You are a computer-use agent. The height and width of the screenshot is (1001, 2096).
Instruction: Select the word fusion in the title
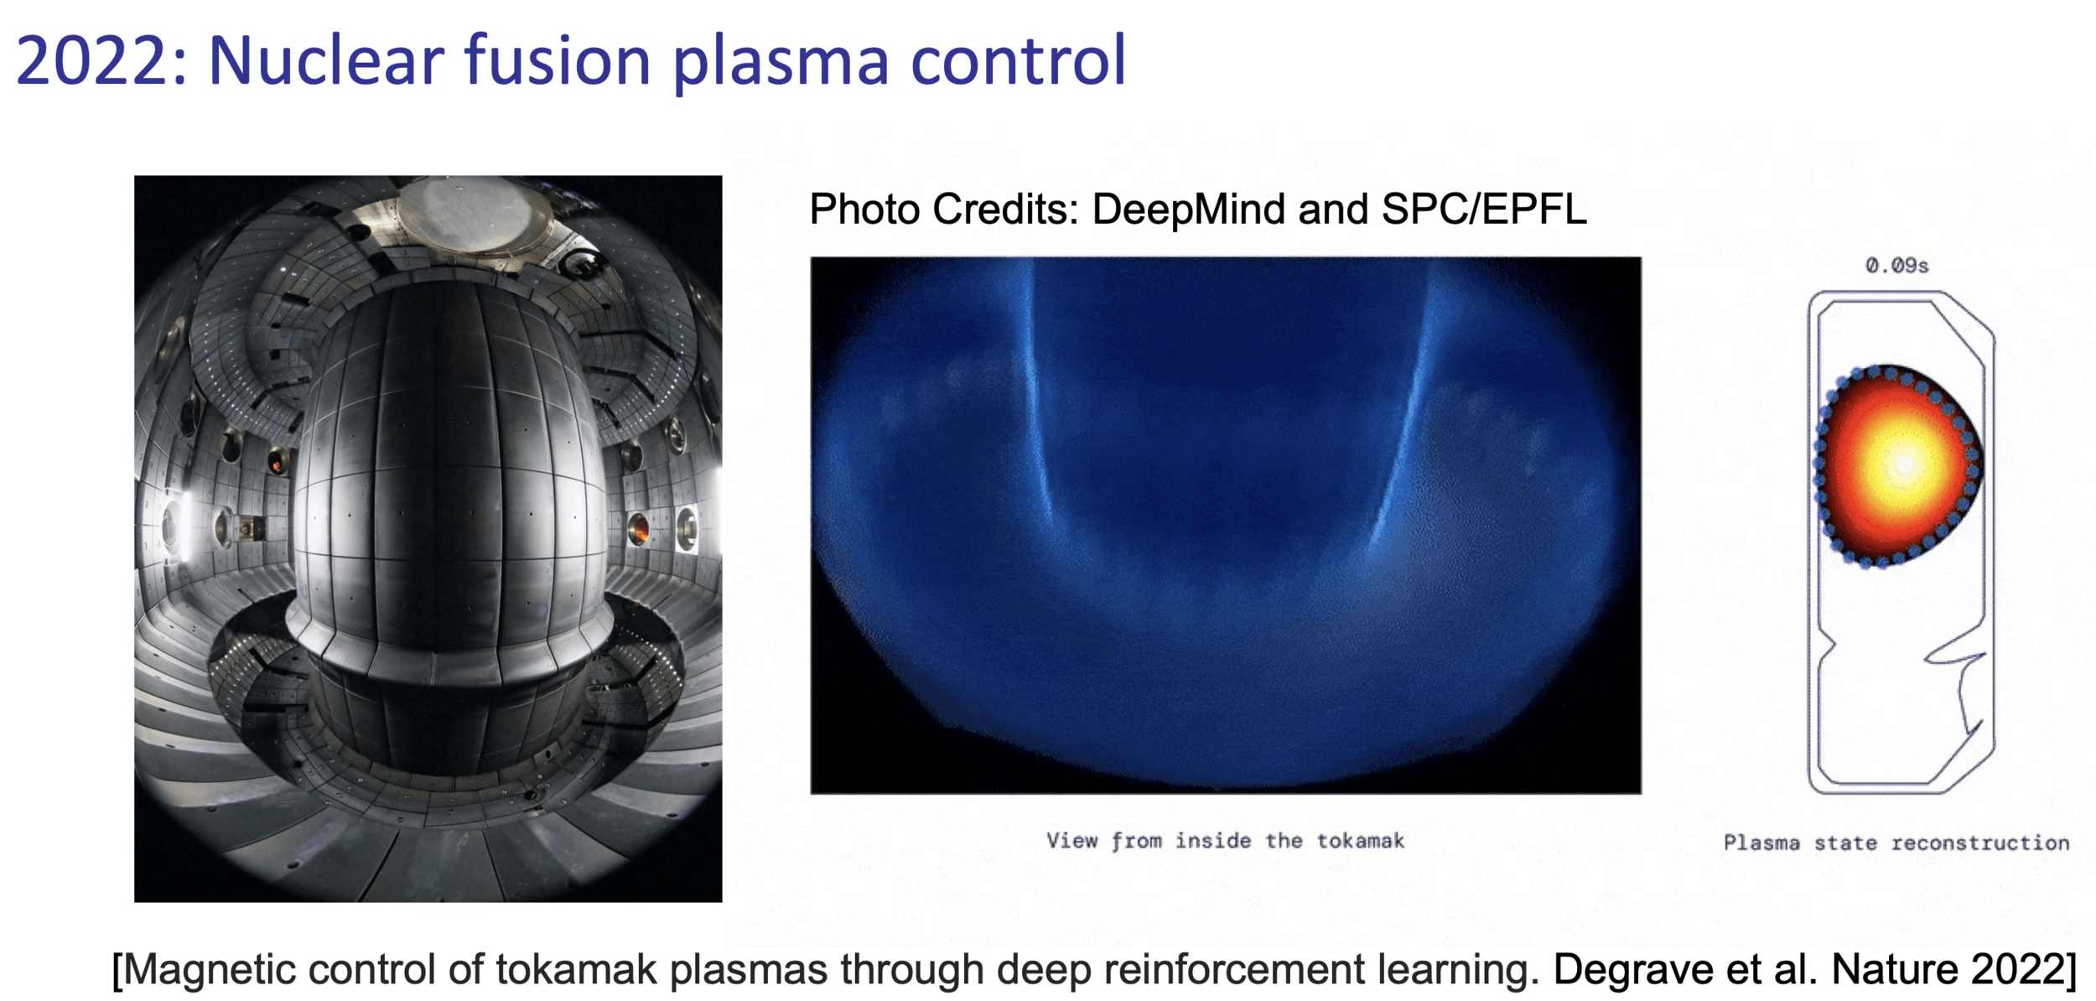558,61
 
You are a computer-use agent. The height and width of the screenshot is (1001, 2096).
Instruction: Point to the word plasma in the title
781,65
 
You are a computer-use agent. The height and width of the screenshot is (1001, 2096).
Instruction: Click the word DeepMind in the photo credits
1187,210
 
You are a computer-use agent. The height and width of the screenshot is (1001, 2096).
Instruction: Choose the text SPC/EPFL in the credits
1484,209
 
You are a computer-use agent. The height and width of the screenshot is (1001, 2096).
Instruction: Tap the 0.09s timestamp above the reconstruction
1896,266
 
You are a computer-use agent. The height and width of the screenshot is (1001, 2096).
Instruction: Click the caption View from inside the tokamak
1225,841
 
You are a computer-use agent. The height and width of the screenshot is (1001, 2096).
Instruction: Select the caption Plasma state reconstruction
1896,843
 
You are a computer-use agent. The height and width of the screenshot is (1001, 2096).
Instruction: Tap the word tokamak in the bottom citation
576,970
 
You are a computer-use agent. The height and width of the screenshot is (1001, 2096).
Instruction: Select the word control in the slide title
1018,61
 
